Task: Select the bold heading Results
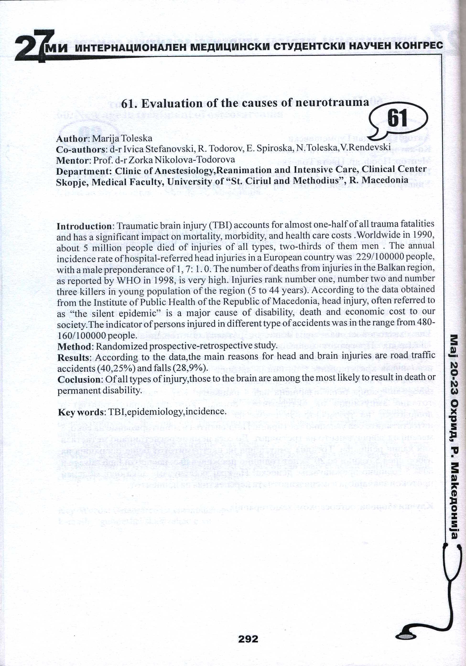pos(74,358)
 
